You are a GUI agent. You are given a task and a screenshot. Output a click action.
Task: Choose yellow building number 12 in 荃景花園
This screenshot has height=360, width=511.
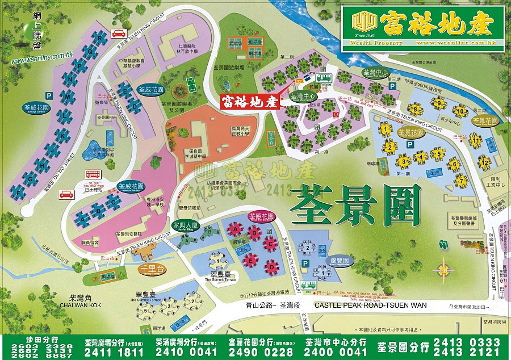(484, 163)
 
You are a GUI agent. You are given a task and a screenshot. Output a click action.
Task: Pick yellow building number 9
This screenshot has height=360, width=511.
(438, 103)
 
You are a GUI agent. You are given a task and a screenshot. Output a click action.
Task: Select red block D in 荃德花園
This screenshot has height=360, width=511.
(273, 265)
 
